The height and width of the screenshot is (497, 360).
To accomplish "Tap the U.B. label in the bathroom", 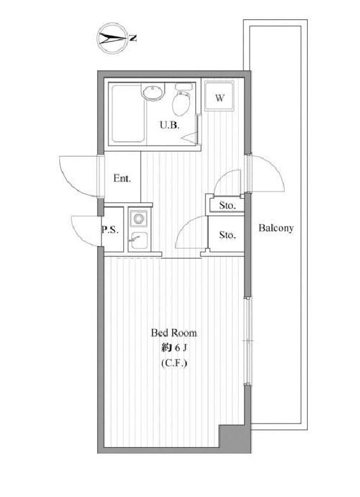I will [169, 126].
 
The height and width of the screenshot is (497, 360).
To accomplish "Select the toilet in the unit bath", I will [182, 100].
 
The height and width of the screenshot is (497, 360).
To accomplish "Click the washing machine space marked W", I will [220, 98].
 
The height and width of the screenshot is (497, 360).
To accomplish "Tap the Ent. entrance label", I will [122, 178].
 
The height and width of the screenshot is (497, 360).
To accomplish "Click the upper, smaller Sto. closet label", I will [227, 206].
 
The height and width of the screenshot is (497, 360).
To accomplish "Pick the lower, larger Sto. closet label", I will [227, 234].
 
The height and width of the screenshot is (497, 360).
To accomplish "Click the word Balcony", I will [276, 228].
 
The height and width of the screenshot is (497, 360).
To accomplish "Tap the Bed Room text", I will [174, 333].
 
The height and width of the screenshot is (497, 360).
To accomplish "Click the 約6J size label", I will [173, 348].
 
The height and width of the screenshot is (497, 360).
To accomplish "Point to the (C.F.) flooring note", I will [174, 363].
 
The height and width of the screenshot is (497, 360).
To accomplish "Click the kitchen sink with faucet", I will [137, 241].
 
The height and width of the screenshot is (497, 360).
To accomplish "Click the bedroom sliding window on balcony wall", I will [247, 342].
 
